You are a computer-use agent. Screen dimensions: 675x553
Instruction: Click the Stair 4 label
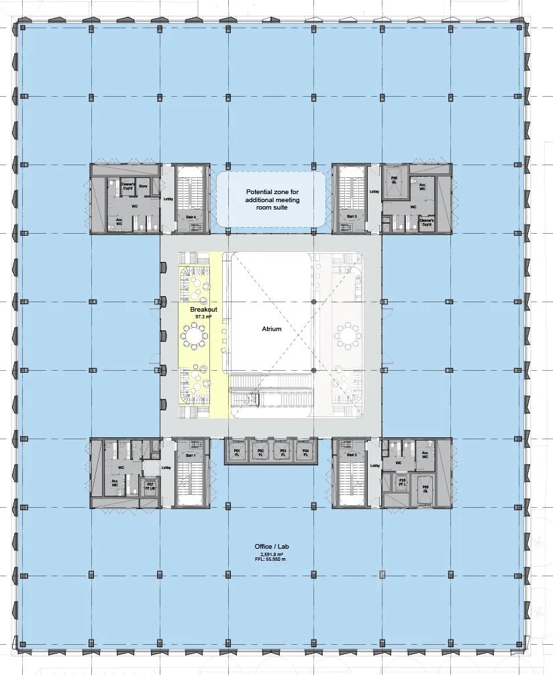[190, 216]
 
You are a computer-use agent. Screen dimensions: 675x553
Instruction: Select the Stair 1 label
[190, 455]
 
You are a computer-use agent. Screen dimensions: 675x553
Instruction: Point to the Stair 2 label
[351, 455]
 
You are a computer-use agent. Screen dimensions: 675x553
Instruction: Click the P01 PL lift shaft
[237, 452]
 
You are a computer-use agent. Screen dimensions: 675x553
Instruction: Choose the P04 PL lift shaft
[305, 452]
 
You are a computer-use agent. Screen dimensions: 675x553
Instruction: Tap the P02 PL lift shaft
[260, 452]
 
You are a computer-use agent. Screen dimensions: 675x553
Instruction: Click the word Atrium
[272, 329]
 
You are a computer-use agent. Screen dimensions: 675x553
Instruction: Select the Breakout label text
[199, 308]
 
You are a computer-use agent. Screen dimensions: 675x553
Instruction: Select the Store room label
[143, 186]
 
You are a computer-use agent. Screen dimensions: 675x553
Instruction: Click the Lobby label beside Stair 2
[374, 465]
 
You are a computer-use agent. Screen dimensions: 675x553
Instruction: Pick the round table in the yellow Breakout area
[195, 334]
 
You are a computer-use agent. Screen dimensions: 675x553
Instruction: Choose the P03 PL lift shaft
[283, 452]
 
